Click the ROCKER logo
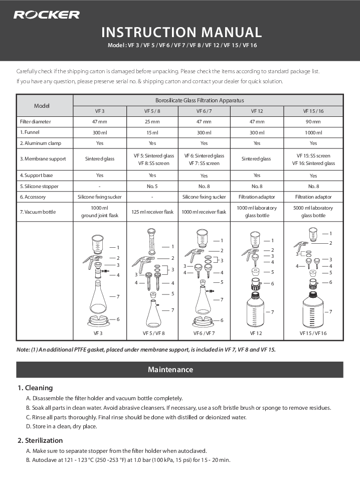(x=46, y=15)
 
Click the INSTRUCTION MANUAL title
(x=182, y=33)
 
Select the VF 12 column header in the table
(x=257, y=111)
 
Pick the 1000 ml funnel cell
(x=313, y=132)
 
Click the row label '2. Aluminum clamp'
(x=40, y=143)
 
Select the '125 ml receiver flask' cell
(x=153, y=212)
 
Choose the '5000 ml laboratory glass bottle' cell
(x=313, y=212)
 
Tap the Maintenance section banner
(x=180, y=370)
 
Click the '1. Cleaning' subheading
(x=35, y=388)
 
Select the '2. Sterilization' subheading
(x=40, y=440)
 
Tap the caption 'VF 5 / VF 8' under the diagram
(x=153, y=333)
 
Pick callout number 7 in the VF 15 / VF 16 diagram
(x=330, y=312)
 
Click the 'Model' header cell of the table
(x=45, y=105)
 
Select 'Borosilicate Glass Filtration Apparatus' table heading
(x=208, y=100)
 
